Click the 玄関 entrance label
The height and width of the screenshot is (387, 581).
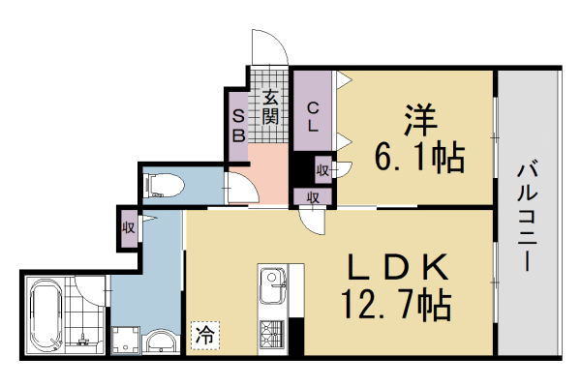click(270, 107)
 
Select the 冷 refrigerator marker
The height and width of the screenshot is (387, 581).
click(204, 335)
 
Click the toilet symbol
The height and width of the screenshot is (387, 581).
click(162, 185)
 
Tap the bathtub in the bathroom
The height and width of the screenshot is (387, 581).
click(44, 315)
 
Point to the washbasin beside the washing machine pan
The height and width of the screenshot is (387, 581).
click(160, 342)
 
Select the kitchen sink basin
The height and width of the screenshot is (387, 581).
click(270, 286)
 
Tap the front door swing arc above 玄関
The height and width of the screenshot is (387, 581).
click(268, 46)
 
